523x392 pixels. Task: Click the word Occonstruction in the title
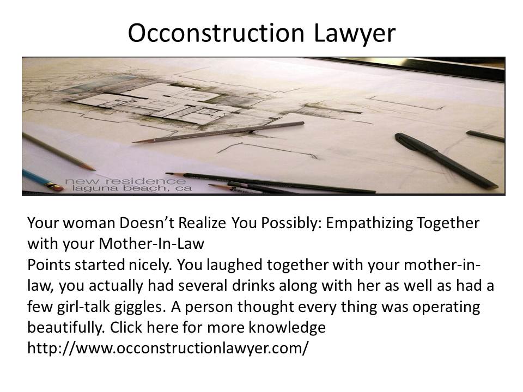pyautogui.click(x=216, y=33)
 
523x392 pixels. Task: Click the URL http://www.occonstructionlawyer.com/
pyautogui.click(x=168, y=348)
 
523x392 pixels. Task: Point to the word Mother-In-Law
pyautogui.click(x=151, y=244)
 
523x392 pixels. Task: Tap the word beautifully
pyautogui.click(x=66, y=328)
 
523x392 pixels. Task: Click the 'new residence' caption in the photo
pyautogui.click(x=125, y=181)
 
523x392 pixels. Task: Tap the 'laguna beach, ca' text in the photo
pyautogui.click(x=132, y=189)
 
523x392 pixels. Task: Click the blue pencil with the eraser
pyautogui.click(x=42, y=180)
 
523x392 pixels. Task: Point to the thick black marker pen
pyautogui.click(x=446, y=161)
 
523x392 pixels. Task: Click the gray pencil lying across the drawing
pyautogui.click(x=218, y=132)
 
